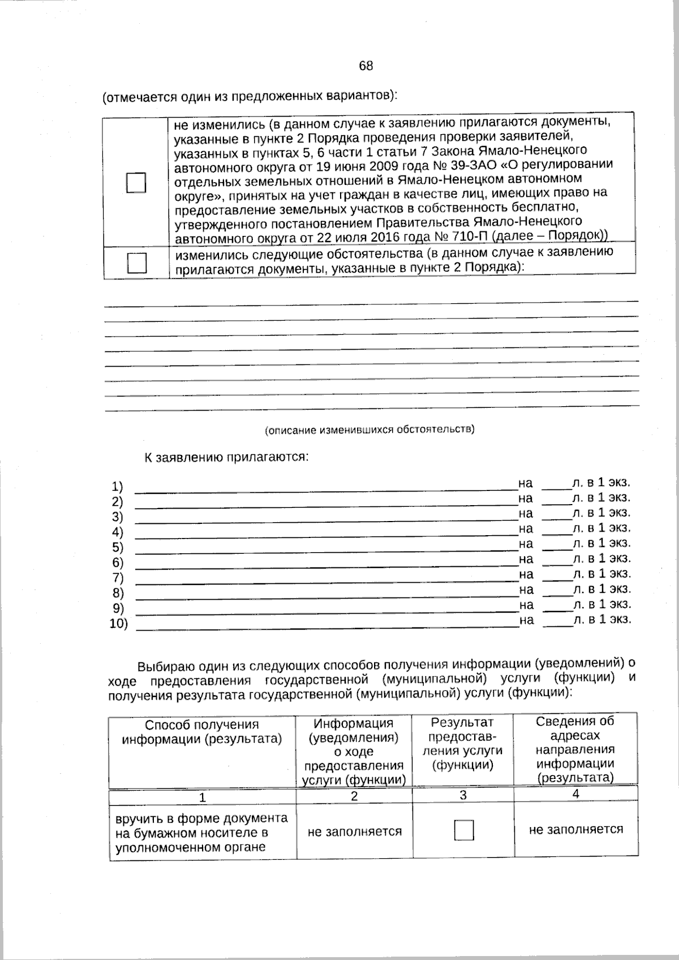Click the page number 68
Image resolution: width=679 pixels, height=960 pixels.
(366, 66)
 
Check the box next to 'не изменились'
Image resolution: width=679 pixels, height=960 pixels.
(136, 183)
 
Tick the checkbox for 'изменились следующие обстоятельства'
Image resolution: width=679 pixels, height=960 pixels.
(136, 263)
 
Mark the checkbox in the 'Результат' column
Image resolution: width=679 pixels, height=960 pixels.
(463, 830)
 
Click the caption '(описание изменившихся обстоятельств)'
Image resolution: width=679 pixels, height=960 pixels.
(370, 429)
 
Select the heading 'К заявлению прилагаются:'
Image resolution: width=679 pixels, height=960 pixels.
(226, 457)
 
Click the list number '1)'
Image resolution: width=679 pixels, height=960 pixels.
(117, 487)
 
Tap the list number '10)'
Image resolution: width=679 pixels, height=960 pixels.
(119, 624)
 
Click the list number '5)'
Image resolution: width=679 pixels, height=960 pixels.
(118, 547)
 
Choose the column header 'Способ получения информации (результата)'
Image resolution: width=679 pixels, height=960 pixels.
(202, 731)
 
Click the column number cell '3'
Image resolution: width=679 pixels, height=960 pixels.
(463, 795)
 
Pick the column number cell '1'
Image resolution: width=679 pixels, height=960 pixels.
(202, 797)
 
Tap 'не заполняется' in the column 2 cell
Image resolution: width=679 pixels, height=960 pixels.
(354, 832)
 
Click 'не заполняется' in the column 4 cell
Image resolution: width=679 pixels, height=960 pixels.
(576, 829)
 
